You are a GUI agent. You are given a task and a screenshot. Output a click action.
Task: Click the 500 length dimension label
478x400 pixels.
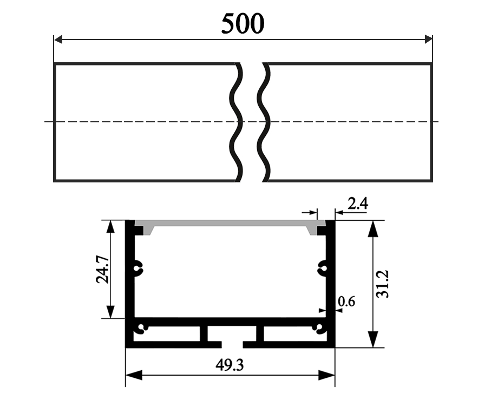(x=243, y=23)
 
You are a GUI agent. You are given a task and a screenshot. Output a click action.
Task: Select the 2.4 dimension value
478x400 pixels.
(x=358, y=204)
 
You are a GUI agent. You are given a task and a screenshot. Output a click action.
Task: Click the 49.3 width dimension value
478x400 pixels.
(x=230, y=365)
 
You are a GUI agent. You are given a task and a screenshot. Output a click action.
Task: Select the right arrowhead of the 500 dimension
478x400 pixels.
(x=428, y=39)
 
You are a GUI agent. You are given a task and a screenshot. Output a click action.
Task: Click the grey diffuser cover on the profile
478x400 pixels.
(x=230, y=223)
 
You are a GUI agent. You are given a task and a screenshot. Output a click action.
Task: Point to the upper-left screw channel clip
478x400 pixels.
(x=138, y=266)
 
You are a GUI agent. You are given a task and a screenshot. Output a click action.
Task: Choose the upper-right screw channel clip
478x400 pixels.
(x=322, y=266)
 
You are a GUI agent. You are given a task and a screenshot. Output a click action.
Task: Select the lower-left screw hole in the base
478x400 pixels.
(x=142, y=328)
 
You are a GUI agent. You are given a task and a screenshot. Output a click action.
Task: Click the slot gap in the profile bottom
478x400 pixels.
(x=232, y=344)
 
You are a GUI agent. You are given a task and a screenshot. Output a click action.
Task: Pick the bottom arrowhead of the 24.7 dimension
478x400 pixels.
(x=110, y=312)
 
